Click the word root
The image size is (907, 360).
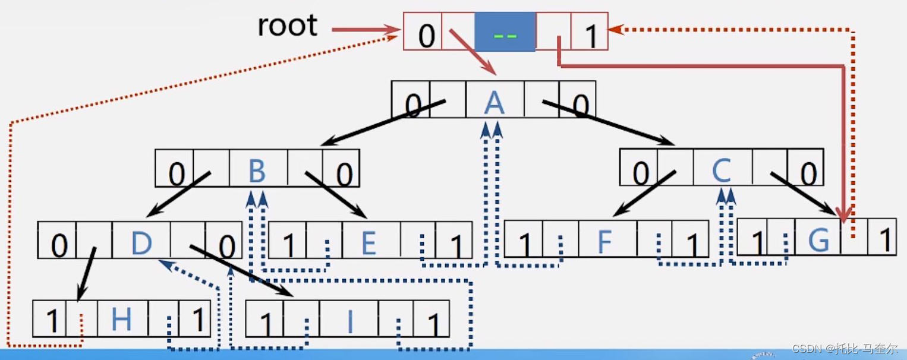click(x=288, y=26)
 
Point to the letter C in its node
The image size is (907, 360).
click(x=721, y=171)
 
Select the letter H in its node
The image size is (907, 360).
click(x=121, y=320)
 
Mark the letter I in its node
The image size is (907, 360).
click(x=350, y=323)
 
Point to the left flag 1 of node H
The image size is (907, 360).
click(x=52, y=321)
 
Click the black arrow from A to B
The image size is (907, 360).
click(x=380, y=124)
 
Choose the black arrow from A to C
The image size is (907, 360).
click(x=609, y=124)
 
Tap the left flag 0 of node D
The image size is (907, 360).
click(x=58, y=245)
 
